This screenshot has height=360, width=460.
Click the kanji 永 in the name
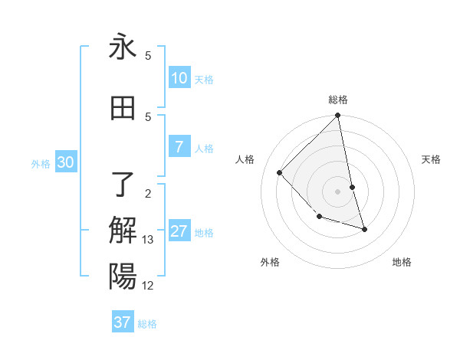[x=123, y=47]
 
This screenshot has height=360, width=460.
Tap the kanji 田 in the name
[x=123, y=108]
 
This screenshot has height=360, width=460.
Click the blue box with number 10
[x=179, y=78]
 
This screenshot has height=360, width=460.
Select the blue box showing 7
[x=179, y=147]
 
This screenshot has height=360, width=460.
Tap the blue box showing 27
[x=179, y=231]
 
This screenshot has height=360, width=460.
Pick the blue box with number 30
[x=66, y=162]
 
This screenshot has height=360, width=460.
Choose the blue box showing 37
[x=123, y=322]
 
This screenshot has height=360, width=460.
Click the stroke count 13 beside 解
[x=148, y=240]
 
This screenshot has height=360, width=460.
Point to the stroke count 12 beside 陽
[x=148, y=286]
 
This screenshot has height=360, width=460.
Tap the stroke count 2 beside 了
[x=148, y=192]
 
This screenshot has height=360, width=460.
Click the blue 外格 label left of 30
[x=41, y=163]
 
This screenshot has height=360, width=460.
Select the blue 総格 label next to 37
[x=147, y=324]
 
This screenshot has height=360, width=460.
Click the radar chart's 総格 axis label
[x=338, y=100]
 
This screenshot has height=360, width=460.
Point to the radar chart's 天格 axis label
[x=432, y=159]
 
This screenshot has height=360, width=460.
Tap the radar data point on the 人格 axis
[x=280, y=172]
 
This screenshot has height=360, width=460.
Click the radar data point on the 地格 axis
[x=364, y=229]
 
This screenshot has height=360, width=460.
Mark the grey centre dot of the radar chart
[x=337, y=191]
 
